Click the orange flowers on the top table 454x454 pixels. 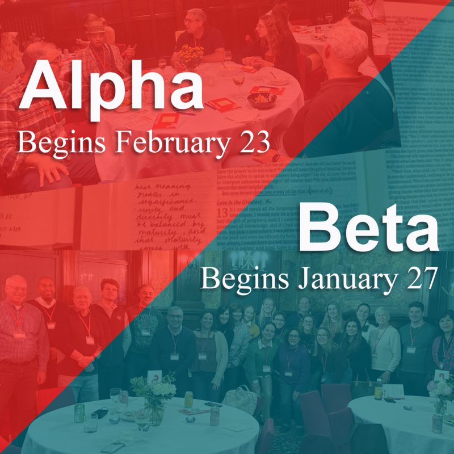pyautogui.click(x=191, y=56)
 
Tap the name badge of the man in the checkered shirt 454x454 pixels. pyautogui.click(x=19, y=335)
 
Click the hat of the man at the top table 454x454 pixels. pyautogui.click(x=94, y=25)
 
